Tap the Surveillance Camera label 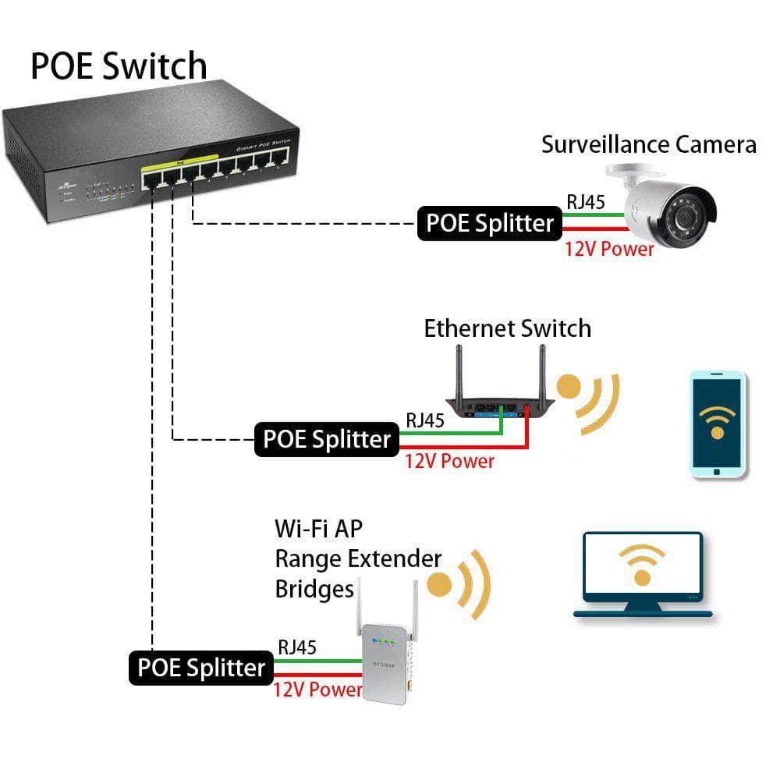[648, 144]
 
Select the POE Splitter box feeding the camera [489, 223]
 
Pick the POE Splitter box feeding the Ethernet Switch [326, 439]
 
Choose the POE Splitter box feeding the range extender [200, 668]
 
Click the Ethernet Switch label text [507, 328]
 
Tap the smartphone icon [718, 424]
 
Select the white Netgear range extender [385, 662]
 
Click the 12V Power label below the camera [609, 250]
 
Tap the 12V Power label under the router [449, 461]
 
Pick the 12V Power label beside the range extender [317, 690]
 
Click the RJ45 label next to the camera [586, 202]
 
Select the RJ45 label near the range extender [297, 647]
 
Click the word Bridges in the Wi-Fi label [314, 589]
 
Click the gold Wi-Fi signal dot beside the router [569, 388]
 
